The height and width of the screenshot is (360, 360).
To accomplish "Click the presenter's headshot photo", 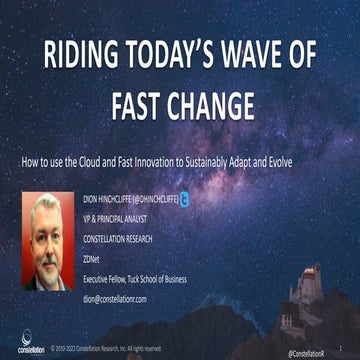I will [x=51, y=241].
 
